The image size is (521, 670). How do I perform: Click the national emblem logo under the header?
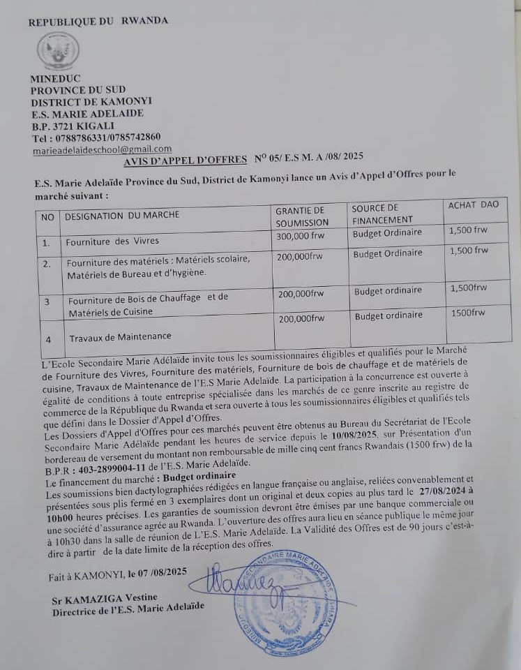coord(58,51)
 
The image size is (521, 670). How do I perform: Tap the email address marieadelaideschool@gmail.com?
coord(102,149)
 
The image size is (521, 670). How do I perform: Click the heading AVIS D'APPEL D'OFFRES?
coord(185,160)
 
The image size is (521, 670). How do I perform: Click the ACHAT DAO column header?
coord(474,204)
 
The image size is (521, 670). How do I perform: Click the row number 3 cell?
coord(47,301)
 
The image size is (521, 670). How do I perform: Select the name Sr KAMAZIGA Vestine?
coord(105,598)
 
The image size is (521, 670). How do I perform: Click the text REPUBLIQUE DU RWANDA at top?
coord(98,21)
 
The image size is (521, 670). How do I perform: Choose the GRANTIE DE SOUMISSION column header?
coord(301,216)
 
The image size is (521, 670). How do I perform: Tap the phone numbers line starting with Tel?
coord(96,137)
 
